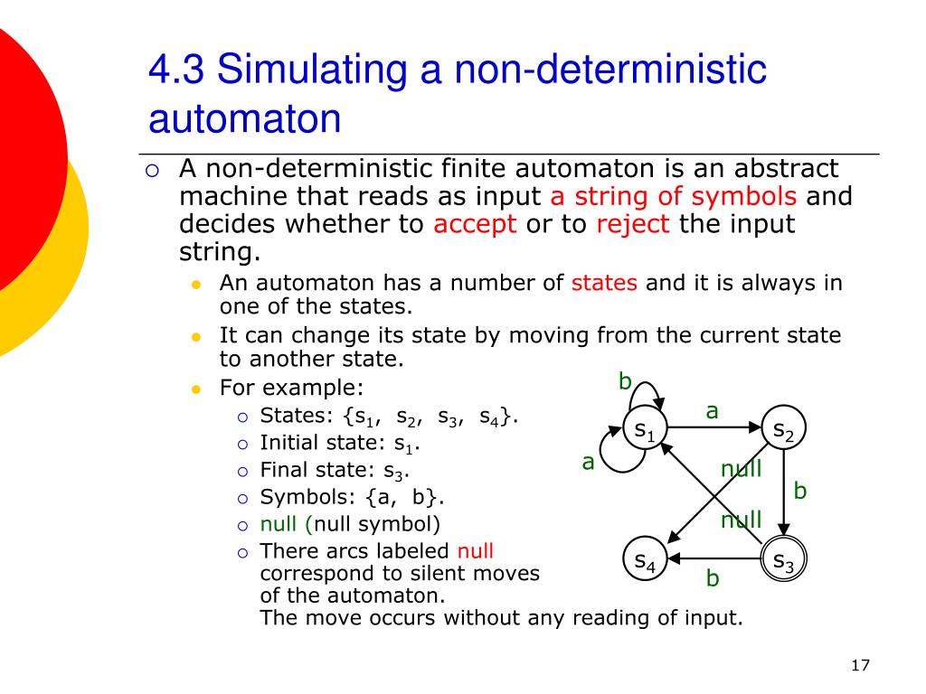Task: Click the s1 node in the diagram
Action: tap(646, 427)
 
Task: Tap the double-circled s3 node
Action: tap(784, 558)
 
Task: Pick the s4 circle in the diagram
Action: tap(646, 558)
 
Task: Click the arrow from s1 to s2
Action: tap(714, 427)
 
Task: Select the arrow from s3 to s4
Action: tap(714, 558)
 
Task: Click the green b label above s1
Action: tap(626, 381)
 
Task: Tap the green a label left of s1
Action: tap(588, 463)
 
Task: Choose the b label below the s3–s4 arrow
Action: tap(713, 577)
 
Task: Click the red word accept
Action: tap(475, 224)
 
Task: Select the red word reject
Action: tap(632, 224)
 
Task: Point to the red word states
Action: tap(604, 283)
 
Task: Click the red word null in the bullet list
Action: tap(476, 550)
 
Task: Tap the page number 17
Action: tap(861, 666)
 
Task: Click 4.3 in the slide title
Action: tap(176, 69)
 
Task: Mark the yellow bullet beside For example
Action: tap(196, 389)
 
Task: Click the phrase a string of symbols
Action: tap(673, 196)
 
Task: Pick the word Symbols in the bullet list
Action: tap(307, 498)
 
